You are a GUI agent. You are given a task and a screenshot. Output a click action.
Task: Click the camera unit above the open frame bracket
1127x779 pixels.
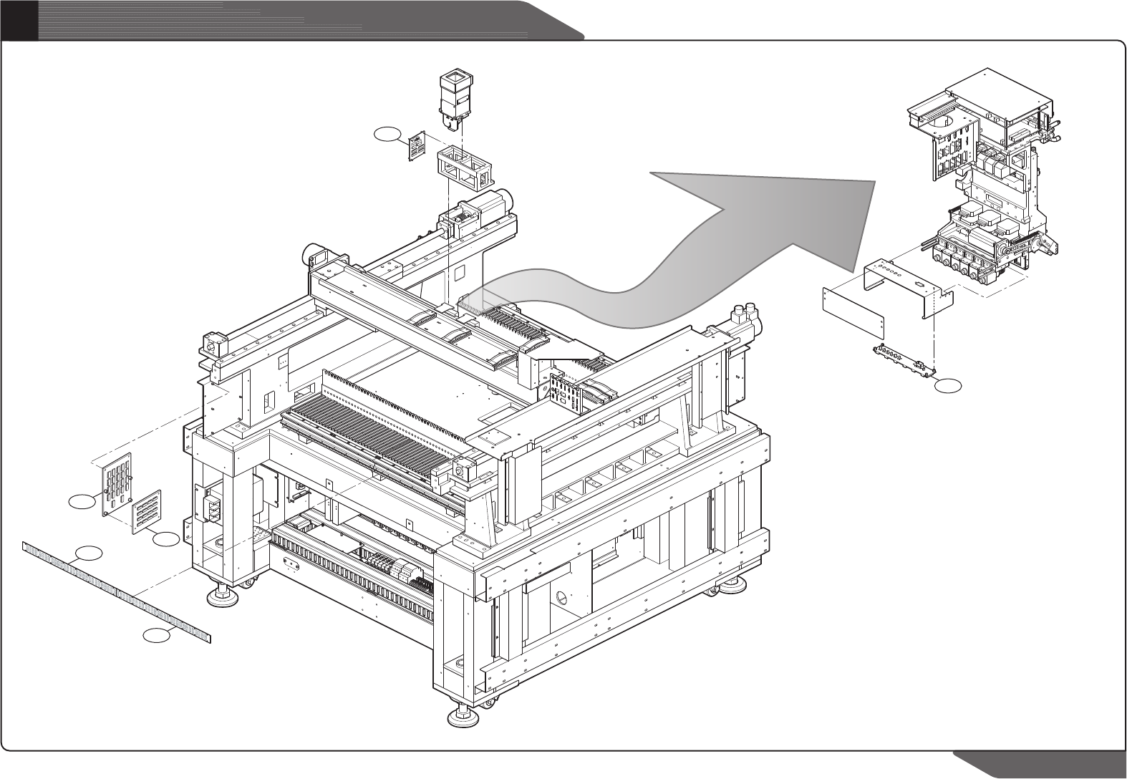point(457,100)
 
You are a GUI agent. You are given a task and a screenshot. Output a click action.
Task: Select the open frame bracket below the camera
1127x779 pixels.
point(464,168)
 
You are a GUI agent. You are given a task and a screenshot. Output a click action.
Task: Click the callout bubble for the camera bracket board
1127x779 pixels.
point(387,133)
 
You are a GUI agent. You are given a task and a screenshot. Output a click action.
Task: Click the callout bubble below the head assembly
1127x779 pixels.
point(949,386)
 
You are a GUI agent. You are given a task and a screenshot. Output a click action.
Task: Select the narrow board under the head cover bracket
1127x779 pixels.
point(905,359)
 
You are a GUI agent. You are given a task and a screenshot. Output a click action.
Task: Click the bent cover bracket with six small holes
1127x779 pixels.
point(902,284)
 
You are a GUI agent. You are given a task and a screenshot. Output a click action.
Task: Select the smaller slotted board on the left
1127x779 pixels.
point(147,511)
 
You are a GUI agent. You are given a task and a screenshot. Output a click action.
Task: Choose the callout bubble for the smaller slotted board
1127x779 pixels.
point(166,539)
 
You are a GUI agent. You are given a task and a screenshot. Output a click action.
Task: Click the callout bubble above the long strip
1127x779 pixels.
point(88,553)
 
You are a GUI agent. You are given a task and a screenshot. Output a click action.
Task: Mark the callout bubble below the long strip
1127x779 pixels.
point(157,634)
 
